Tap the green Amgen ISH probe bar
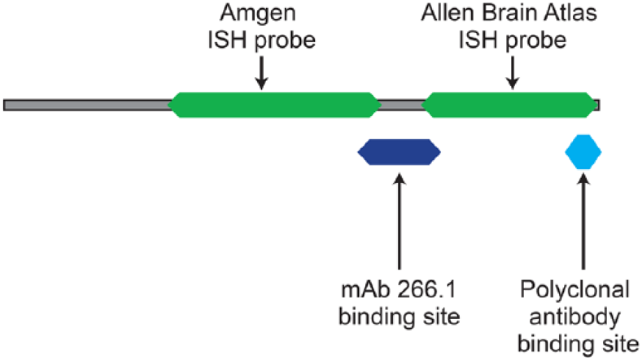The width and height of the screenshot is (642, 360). [x=274, y=105]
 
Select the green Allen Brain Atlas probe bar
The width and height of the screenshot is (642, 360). [x=509, y=105]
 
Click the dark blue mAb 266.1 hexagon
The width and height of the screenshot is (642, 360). [x=399, y=152]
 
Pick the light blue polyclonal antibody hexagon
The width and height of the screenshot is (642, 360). [x=583, y=152]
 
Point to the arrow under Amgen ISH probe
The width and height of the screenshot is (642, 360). [x=262, y=73]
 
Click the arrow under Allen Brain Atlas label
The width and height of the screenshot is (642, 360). [x=512, y=73]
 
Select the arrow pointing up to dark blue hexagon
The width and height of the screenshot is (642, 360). [x=399, y=222]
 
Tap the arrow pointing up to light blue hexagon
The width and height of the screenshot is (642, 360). [x=583, y=222]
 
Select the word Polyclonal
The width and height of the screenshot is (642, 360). [x=574, y=289]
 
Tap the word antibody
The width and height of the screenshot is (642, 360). [x=574, y=317]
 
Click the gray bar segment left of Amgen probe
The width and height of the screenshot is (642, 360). [x=87, y=105]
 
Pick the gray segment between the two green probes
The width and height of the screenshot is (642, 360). [x=401, y=105]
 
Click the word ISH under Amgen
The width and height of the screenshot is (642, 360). [x=227, y=40]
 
